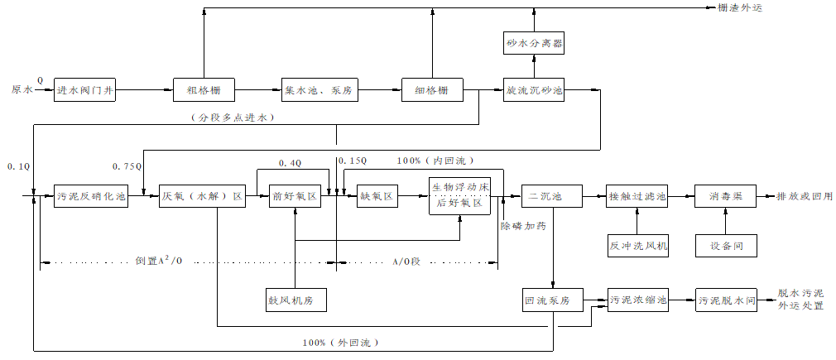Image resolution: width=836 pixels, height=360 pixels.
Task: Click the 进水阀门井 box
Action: coord(84,89)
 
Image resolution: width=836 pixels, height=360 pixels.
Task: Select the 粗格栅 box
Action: coord(204,89)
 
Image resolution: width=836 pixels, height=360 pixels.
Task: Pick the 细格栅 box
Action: coord(432,89)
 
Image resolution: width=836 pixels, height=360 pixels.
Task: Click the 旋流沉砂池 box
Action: coord(534,89)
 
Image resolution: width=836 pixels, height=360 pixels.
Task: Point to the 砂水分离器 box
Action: coord(534,42)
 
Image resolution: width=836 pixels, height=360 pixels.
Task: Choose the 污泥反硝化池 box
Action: coord(91,197)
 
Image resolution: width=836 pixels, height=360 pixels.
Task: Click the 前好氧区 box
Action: coord(295,197)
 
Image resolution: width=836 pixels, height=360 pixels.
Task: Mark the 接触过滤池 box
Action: coord(637,197)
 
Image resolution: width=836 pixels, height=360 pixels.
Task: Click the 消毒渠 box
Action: coord(725,197)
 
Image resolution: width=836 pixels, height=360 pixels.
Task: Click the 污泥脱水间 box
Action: coord(726,300)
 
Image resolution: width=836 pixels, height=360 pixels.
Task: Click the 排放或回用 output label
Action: coord(804,197)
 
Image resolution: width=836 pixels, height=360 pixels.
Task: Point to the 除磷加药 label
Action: coord(524,225)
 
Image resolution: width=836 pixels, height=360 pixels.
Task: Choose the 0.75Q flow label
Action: coord(127,166)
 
